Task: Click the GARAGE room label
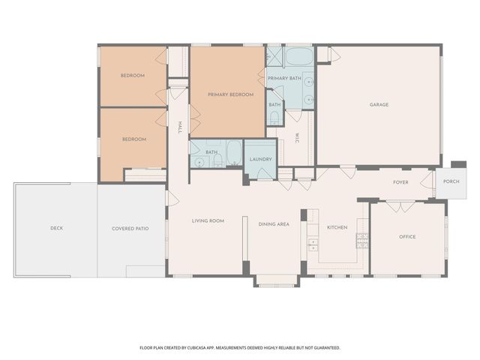click(379, 104)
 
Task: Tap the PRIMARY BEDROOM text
click(230, 94)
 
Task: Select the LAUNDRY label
click(260, 159)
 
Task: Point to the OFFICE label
click(407, 237)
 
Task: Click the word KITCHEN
click(337, 227)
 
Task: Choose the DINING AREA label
click(274, 224)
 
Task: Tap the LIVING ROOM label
click(208, 220)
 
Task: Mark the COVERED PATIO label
click(128, 229)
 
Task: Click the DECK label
click(56, 229)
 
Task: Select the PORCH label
click(451, 181)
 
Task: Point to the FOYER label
click(400, 182)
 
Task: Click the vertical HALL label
click(180, 128)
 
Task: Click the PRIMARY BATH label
click(284, 78)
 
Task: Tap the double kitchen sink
click(313, 244)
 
